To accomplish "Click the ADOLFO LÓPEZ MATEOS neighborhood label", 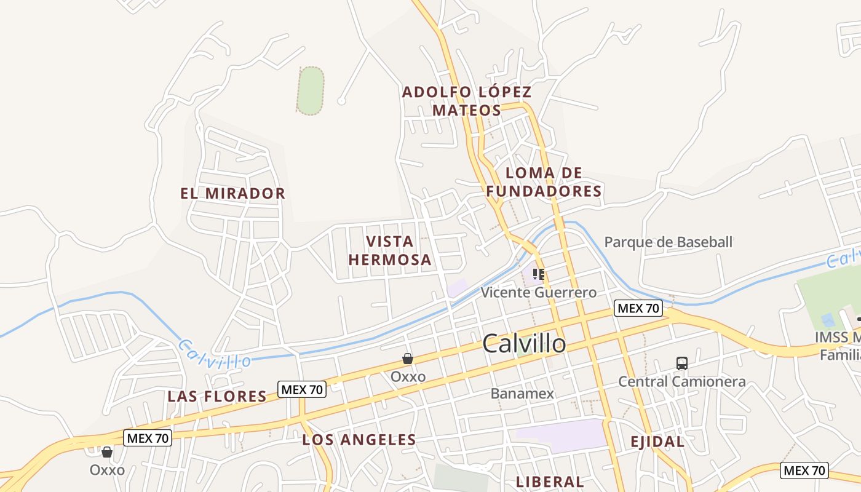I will click(467, 101).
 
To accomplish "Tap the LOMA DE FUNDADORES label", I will click(544, 182).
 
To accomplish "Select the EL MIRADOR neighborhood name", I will click(233, 194).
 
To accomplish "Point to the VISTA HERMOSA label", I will click(390, 250).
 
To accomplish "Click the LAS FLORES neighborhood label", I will click(217, 397).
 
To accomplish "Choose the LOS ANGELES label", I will click(359, 440).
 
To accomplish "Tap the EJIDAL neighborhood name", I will click(657, 442).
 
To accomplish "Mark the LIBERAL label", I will click(550, 482).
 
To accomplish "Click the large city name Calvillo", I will click(524, 343).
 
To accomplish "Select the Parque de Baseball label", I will click(669, 242).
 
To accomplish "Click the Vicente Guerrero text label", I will click(539, 293).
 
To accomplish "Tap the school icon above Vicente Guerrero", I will click(539, 274).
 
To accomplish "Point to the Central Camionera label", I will click(681, 381).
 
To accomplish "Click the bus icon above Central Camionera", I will click(682, 363).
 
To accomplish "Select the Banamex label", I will click(522, 394).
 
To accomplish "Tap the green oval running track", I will click(311, 90).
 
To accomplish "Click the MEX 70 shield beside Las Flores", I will click(301, 389).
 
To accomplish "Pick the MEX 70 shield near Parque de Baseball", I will click(638, 308).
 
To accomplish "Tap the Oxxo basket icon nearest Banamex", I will click(407, 359).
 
